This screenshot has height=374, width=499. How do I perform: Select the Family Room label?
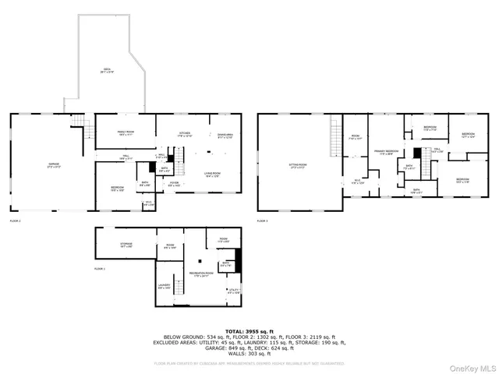coord(125,133)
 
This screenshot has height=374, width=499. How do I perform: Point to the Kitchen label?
coord(185,134)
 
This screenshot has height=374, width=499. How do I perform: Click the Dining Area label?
coord(225,134)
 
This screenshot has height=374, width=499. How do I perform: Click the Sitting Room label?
coord(298,165)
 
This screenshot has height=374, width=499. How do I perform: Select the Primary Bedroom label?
coord(386,151)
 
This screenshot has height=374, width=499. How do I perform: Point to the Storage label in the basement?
coord(126,245)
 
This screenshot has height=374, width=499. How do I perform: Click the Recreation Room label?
coord(200,273)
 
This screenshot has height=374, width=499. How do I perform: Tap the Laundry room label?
coord(163,287)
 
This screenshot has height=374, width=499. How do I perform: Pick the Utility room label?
coord(232,291)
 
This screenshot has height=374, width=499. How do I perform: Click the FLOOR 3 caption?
coord(262,221)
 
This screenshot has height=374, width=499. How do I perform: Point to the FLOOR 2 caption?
coord(15,221)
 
